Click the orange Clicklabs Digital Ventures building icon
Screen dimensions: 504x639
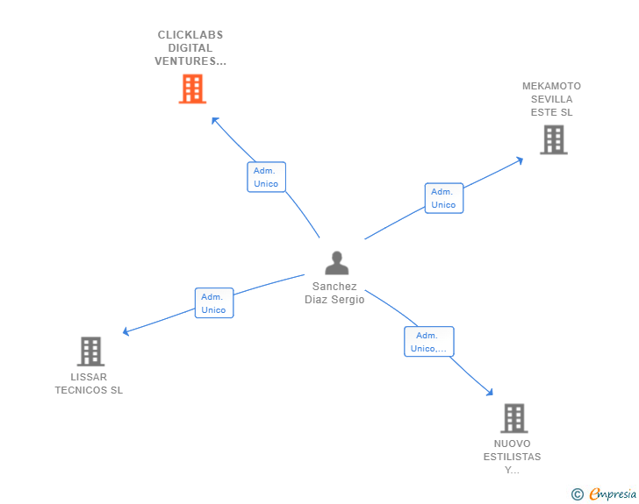191,89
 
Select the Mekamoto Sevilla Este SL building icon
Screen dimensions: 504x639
553,139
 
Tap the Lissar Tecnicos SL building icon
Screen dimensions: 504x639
90,351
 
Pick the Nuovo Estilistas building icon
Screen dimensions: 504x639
513,418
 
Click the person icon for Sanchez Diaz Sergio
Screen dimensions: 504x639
336,263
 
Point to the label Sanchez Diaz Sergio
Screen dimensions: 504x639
334,293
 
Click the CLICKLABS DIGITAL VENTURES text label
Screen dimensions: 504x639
190,48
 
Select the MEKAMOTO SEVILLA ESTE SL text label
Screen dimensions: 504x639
551,99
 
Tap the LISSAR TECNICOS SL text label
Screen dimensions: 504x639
89,384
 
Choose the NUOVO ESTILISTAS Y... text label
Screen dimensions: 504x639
512,457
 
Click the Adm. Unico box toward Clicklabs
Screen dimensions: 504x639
266,177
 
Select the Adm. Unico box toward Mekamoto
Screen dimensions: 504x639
443,198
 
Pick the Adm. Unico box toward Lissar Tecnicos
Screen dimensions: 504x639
213,303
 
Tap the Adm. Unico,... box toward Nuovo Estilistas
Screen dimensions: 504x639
428,342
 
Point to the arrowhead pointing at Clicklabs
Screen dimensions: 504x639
213,118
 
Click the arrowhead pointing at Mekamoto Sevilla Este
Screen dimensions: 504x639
520,160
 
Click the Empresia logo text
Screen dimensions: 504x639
612,494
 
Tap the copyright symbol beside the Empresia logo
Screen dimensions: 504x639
578,494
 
